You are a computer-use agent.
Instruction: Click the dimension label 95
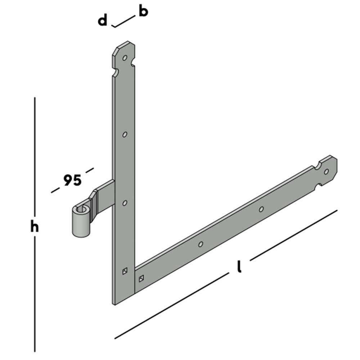[x=72, y=180]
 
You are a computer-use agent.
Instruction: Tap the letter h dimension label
[x=35, y=228]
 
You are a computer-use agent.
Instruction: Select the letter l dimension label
[x=239, y=267]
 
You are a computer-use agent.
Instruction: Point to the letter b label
[x=143, y=12]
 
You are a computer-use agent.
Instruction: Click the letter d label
[x=103, y=21]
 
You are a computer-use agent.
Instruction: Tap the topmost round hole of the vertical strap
[x=125, y=58]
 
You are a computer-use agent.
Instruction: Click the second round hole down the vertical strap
[x=125, y=134]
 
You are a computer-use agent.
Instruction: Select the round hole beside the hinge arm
[x=125, y=203]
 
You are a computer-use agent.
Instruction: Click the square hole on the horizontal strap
[x=141, y=278]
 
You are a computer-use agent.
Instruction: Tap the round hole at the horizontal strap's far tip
[x=327, y=171]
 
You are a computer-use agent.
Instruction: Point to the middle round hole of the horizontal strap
[x=261, y=209]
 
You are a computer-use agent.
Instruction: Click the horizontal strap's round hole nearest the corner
[x=201, y=244]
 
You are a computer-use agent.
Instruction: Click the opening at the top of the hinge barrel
[x=81, y=209]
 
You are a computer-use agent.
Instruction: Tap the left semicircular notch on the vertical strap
[x=115, y=73]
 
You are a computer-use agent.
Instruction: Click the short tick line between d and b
[x=123, y=21]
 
